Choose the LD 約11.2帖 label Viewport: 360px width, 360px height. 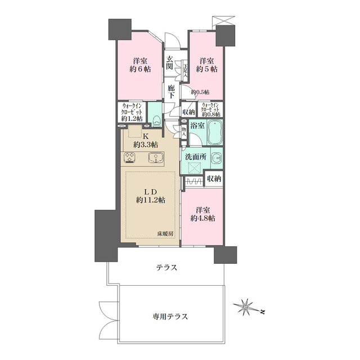tap(149, 195)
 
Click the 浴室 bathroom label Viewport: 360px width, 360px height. tap(197, 127)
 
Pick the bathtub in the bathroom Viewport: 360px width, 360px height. tap(215, 133)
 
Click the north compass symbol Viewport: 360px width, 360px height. tap(246, 307)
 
